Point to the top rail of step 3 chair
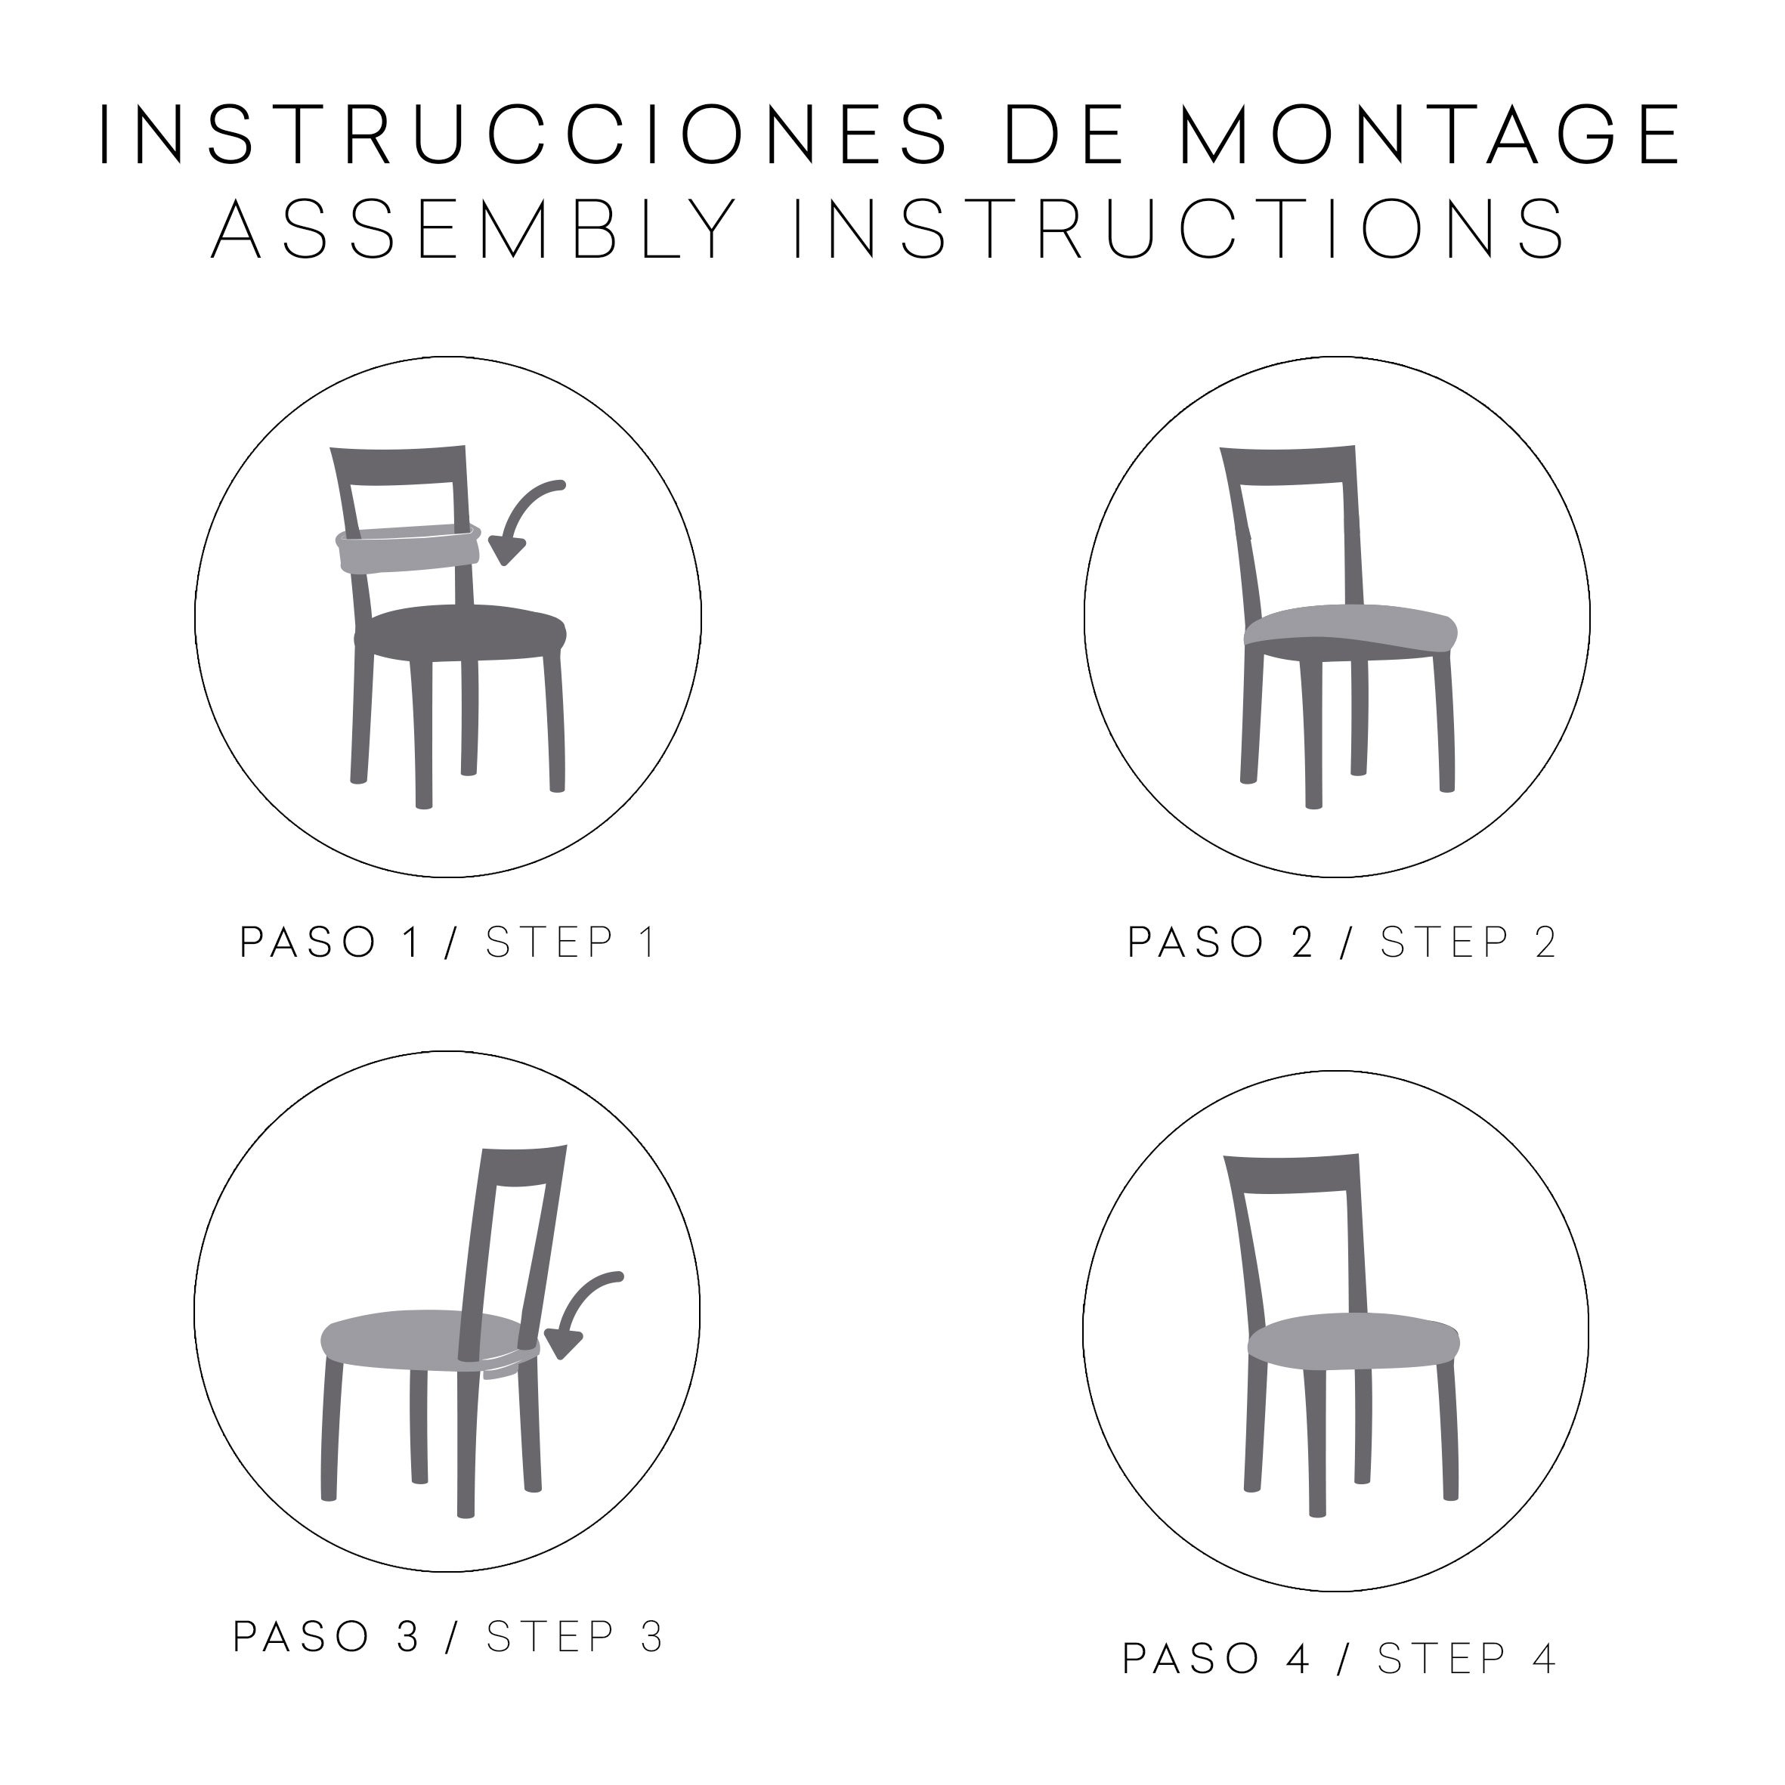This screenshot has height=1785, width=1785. point(523,1161)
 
